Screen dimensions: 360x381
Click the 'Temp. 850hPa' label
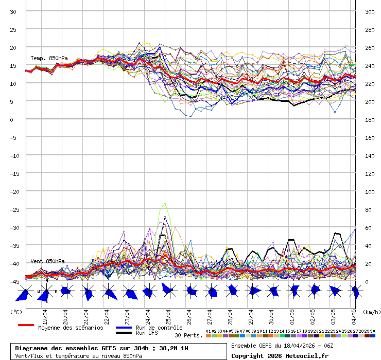point(49,58)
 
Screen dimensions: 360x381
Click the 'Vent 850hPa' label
point(47,261)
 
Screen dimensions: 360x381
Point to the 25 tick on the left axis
point(13,29)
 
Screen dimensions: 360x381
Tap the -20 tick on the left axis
point(13,191)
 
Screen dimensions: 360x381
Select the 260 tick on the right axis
point(369,47)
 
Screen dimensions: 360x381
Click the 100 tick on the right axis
point(369,191)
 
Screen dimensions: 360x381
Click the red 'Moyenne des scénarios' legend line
point(26,325)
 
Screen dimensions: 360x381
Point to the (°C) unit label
point(16,312)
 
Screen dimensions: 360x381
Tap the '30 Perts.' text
point(188,335)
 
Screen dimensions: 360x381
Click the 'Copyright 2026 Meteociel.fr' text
point(280,355)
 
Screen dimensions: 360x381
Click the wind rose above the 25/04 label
point(168,290)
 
